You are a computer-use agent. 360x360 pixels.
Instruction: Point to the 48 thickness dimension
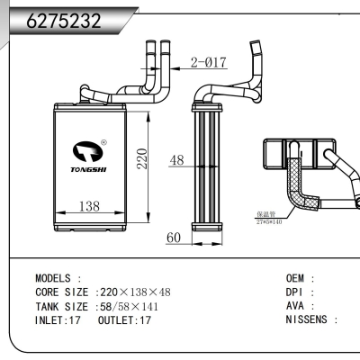coord(176,161)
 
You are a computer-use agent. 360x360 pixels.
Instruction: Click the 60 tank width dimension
coord(175,238)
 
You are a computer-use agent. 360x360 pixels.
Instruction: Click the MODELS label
coord(58,279)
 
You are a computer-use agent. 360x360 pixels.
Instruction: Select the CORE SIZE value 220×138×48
coord(135,292)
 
